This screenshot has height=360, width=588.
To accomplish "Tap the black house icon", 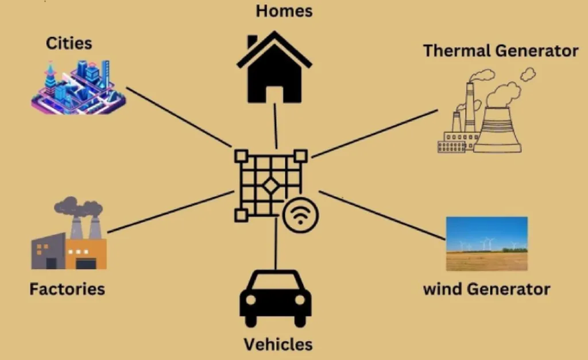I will point(274,72).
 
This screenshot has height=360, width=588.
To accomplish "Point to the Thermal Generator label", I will point(500,51).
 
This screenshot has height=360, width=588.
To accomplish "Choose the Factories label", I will point(67,288).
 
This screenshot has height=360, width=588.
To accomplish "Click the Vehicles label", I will point(278,344).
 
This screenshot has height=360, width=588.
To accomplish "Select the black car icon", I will point(275,299).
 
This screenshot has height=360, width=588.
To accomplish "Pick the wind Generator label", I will point(486,288).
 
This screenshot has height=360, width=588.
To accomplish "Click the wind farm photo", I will point(486,243).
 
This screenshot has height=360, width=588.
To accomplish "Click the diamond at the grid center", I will point(270,185).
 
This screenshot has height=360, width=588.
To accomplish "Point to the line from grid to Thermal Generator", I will point(373,133).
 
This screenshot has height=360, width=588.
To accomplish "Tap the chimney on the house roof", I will point(252,42).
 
